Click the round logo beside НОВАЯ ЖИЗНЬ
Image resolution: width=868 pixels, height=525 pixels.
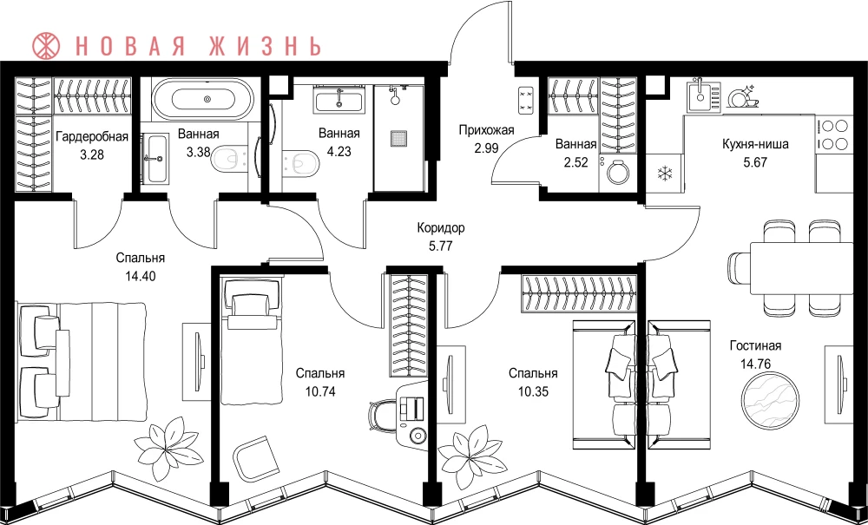tap(46, 46)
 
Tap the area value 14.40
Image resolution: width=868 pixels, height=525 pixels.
tap(140, 275)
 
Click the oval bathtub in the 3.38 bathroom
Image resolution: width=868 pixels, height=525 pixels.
tap(207, 100)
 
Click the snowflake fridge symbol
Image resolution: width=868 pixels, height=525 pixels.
tap(664, 174)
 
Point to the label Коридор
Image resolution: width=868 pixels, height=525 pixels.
tap(441, 227)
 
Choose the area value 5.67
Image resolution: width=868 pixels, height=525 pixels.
tap(755, 163)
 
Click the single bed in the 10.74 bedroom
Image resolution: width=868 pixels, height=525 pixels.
tap(252, 342)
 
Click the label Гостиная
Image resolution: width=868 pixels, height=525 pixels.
tap(755, 346)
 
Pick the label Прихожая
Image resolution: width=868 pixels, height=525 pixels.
tap(486, 130)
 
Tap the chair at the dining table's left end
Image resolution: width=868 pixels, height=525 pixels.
tap(739, 268)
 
